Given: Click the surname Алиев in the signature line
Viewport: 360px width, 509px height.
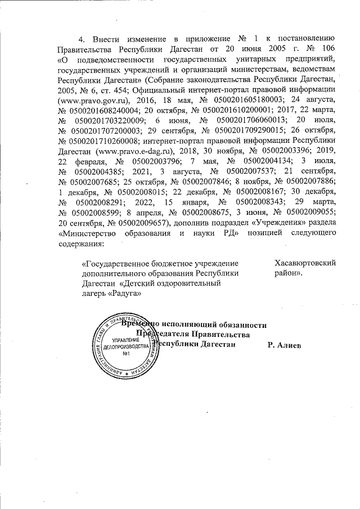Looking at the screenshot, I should [289, 344].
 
